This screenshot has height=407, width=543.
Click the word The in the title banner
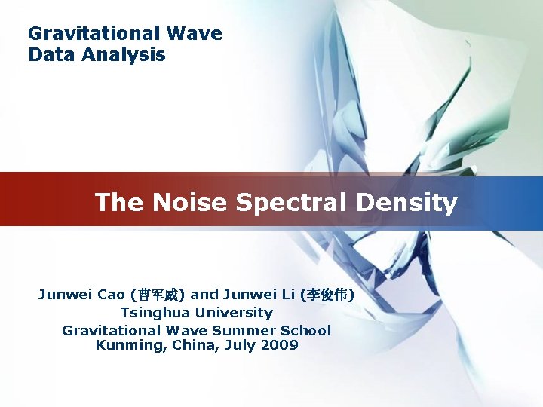pyautogui.click(x=119, y=203)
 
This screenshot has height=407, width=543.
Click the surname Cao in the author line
pyautogui.click(x=113, y=295)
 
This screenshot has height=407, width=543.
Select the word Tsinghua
pyautogui.click(x=155, y=313)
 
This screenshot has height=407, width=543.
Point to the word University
pyautogui.click(x=234, y=313)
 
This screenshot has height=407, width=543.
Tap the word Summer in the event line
pyautogui.click(x=244, y=330)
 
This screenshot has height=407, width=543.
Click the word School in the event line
pyautogui.click(x=305, y=330)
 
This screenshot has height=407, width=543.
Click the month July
pyautogui.click(x=239, y=346)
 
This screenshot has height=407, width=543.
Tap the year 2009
pyautogui.click(x=279, y=346)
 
